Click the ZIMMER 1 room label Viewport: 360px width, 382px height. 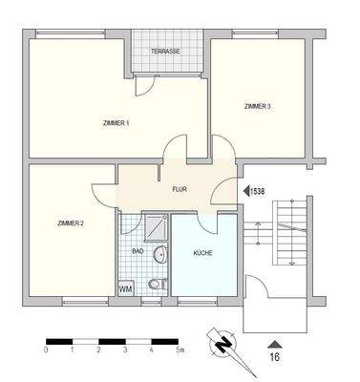(116, 123)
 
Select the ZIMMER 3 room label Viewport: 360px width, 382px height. (257, 106)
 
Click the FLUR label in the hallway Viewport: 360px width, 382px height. (179, 189)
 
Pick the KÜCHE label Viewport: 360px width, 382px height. (202, 253)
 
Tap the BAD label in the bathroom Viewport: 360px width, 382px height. (138, 252)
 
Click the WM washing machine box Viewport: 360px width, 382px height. (125, 287)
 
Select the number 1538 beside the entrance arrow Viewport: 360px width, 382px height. (257, 191)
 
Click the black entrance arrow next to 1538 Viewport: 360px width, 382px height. (244, 191)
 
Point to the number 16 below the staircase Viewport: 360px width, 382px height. (274, 359)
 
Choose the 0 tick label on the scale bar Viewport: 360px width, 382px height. (46, 351)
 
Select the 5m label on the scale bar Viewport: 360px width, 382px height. (180, 351)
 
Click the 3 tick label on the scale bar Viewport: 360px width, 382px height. (125, 351)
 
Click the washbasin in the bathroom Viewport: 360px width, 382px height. (160, 254)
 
